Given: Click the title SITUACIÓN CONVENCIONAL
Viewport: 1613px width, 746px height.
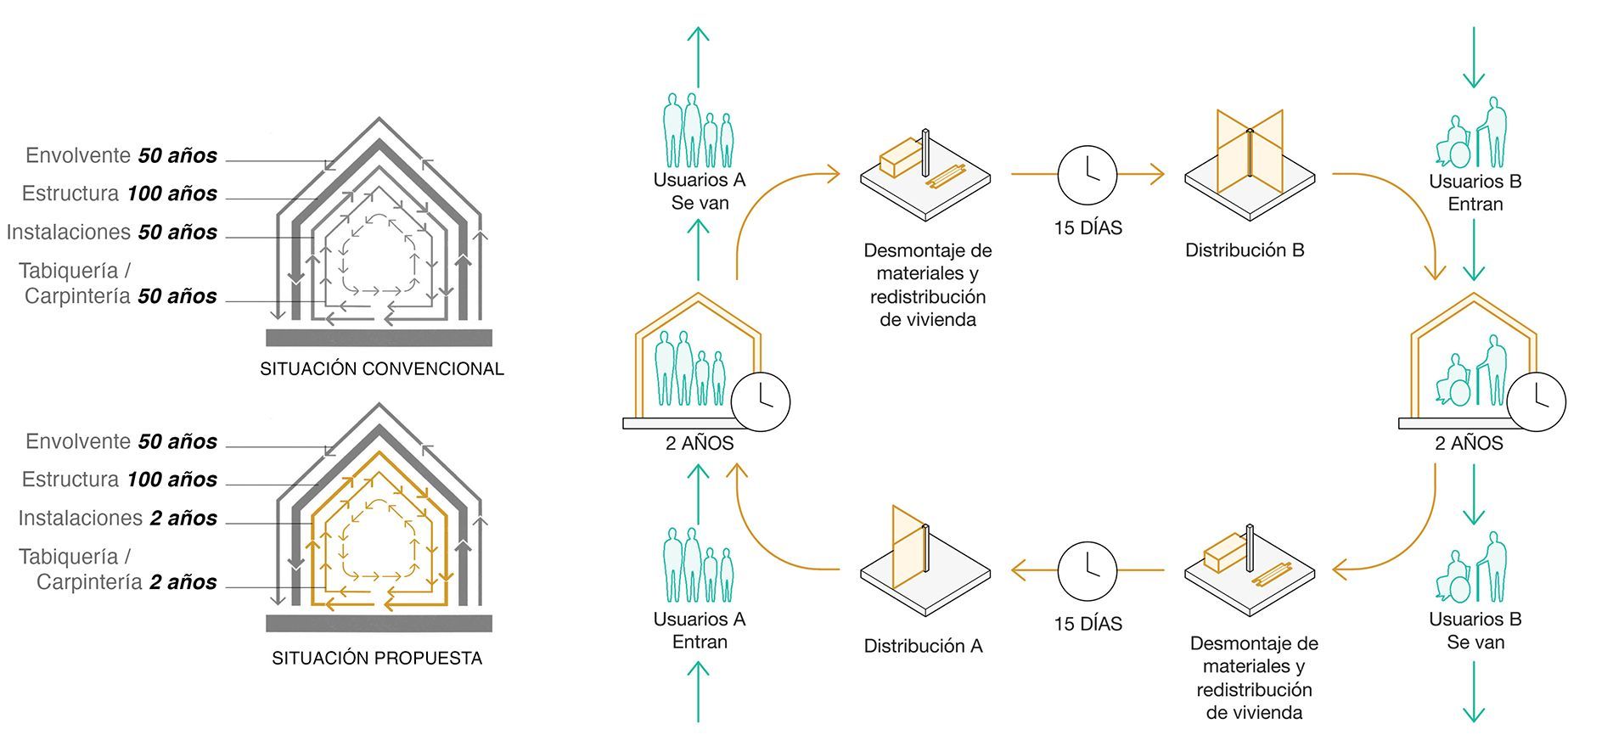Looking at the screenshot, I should coord(381,369).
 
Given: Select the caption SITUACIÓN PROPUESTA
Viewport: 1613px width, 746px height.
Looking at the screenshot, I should coord(377,659).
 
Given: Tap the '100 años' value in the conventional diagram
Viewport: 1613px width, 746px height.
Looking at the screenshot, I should coord(171,194).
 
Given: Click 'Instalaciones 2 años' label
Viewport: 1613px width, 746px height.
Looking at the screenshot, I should coord(117,519).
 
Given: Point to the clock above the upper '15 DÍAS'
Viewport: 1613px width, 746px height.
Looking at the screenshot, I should coord(1088,175).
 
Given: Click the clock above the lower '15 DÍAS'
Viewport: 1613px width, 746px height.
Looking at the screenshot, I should coord(1088,570).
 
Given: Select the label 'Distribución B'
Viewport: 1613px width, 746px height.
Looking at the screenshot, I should coord(1245,250).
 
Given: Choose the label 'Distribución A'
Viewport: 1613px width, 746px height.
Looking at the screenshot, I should coord(923,647).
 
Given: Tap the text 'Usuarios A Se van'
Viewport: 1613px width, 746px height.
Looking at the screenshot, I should coord(699,192).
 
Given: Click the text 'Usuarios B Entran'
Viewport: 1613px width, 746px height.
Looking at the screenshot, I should coord(1475,193).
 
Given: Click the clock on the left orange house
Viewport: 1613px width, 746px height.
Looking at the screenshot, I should coord(761,401).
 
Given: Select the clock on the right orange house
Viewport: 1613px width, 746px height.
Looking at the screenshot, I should coord(1537,401).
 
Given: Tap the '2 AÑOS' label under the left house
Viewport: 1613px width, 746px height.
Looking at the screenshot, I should coord(700,443).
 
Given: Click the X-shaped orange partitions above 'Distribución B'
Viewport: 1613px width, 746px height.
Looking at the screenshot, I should coord(1250,153).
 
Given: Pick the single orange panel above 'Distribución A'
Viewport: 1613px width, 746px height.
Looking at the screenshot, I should coord(908,547).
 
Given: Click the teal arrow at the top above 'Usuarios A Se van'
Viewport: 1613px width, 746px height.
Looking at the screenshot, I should coord(698,56).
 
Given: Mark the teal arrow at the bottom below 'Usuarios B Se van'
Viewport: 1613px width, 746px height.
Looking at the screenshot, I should coord(1475,692).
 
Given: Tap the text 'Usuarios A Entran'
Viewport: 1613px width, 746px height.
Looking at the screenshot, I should coord(699,631).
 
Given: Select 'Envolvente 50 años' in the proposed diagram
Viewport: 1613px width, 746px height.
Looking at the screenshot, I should coord(121,442).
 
